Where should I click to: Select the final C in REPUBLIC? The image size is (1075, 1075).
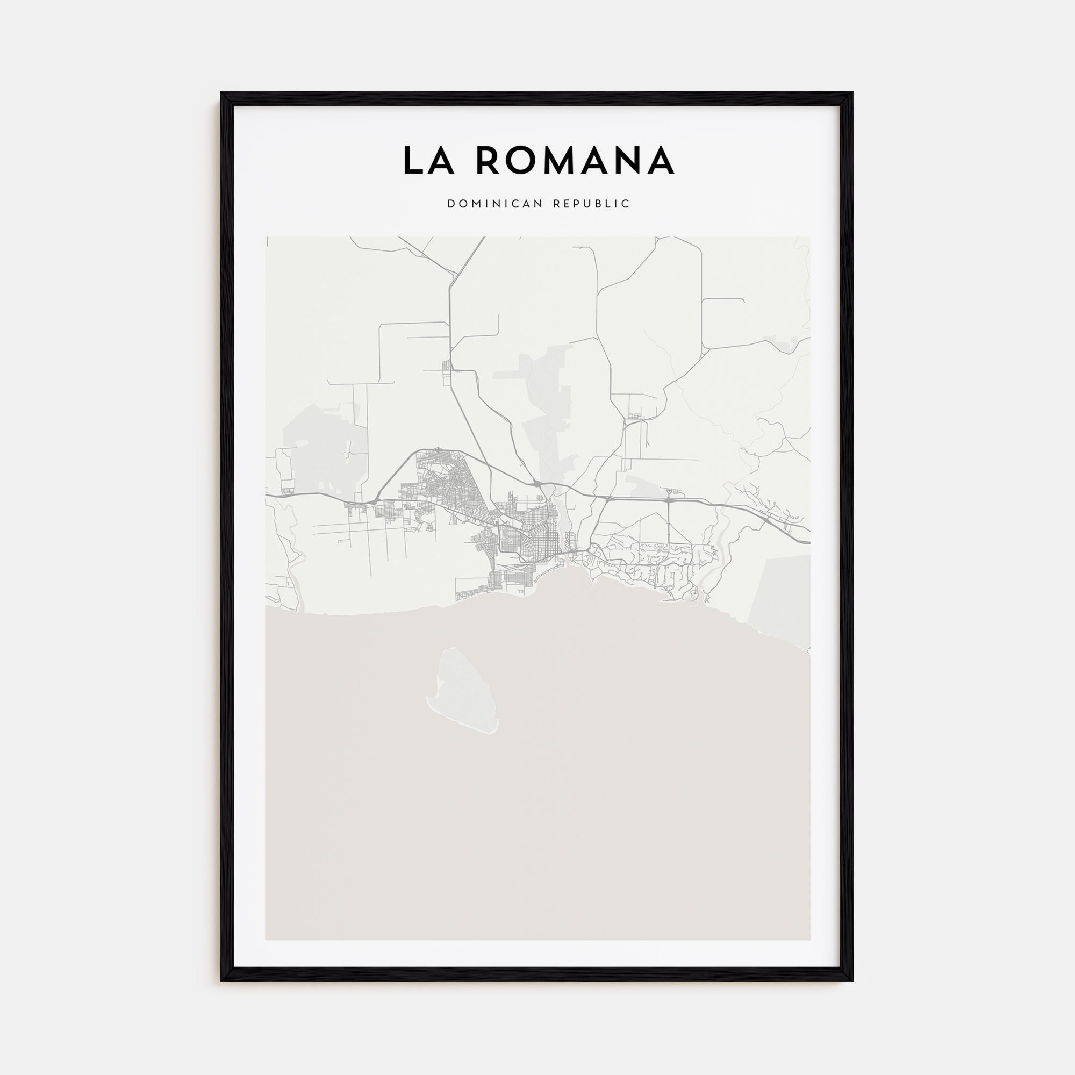627,204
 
